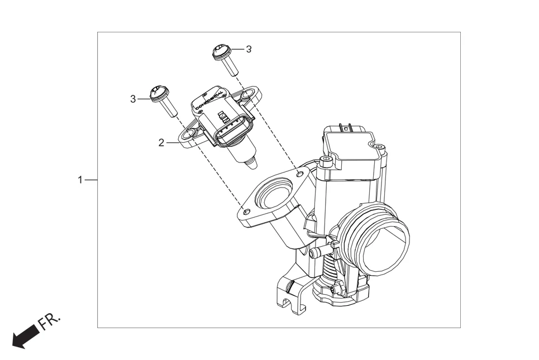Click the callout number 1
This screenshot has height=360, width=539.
click(80, 180)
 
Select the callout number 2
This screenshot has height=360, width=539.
click(161, 142)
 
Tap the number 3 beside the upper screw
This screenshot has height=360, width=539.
click(249, 49)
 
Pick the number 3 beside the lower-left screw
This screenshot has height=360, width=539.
click(133, 99)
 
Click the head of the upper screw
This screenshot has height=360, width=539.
click(221, 52)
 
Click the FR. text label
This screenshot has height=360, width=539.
click(50, 322)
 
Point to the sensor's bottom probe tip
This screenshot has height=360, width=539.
click(253, 164)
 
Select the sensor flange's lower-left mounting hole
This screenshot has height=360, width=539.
click(189, 134)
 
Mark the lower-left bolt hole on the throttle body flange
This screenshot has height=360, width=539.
click(246, 212)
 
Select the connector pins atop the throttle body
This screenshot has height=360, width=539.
click(346, 128)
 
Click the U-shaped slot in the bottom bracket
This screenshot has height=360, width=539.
click(287, 304)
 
